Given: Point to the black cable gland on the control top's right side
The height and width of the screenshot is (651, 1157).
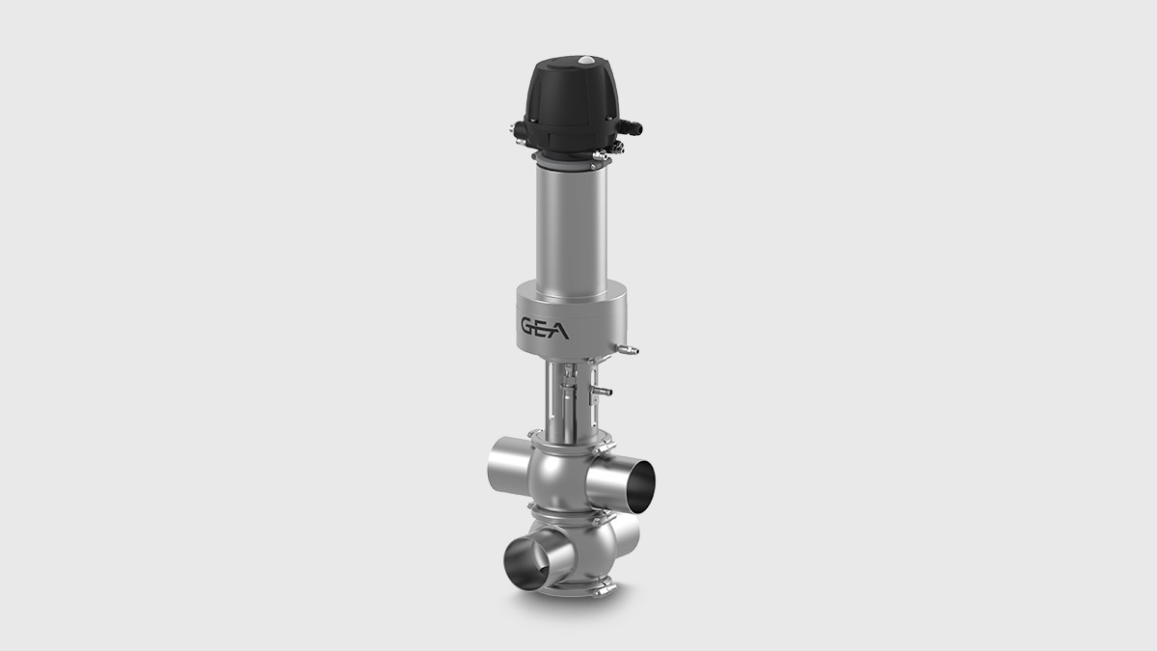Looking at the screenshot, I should tap(632, 126).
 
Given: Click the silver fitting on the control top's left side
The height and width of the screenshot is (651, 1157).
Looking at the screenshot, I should tap(519, 129).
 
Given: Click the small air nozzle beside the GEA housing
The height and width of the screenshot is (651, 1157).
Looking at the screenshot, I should tap(629, 344).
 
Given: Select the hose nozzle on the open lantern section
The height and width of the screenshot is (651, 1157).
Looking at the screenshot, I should tap(605, 392).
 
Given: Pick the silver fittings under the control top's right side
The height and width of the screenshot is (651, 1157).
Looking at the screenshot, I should tap(610, 148).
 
